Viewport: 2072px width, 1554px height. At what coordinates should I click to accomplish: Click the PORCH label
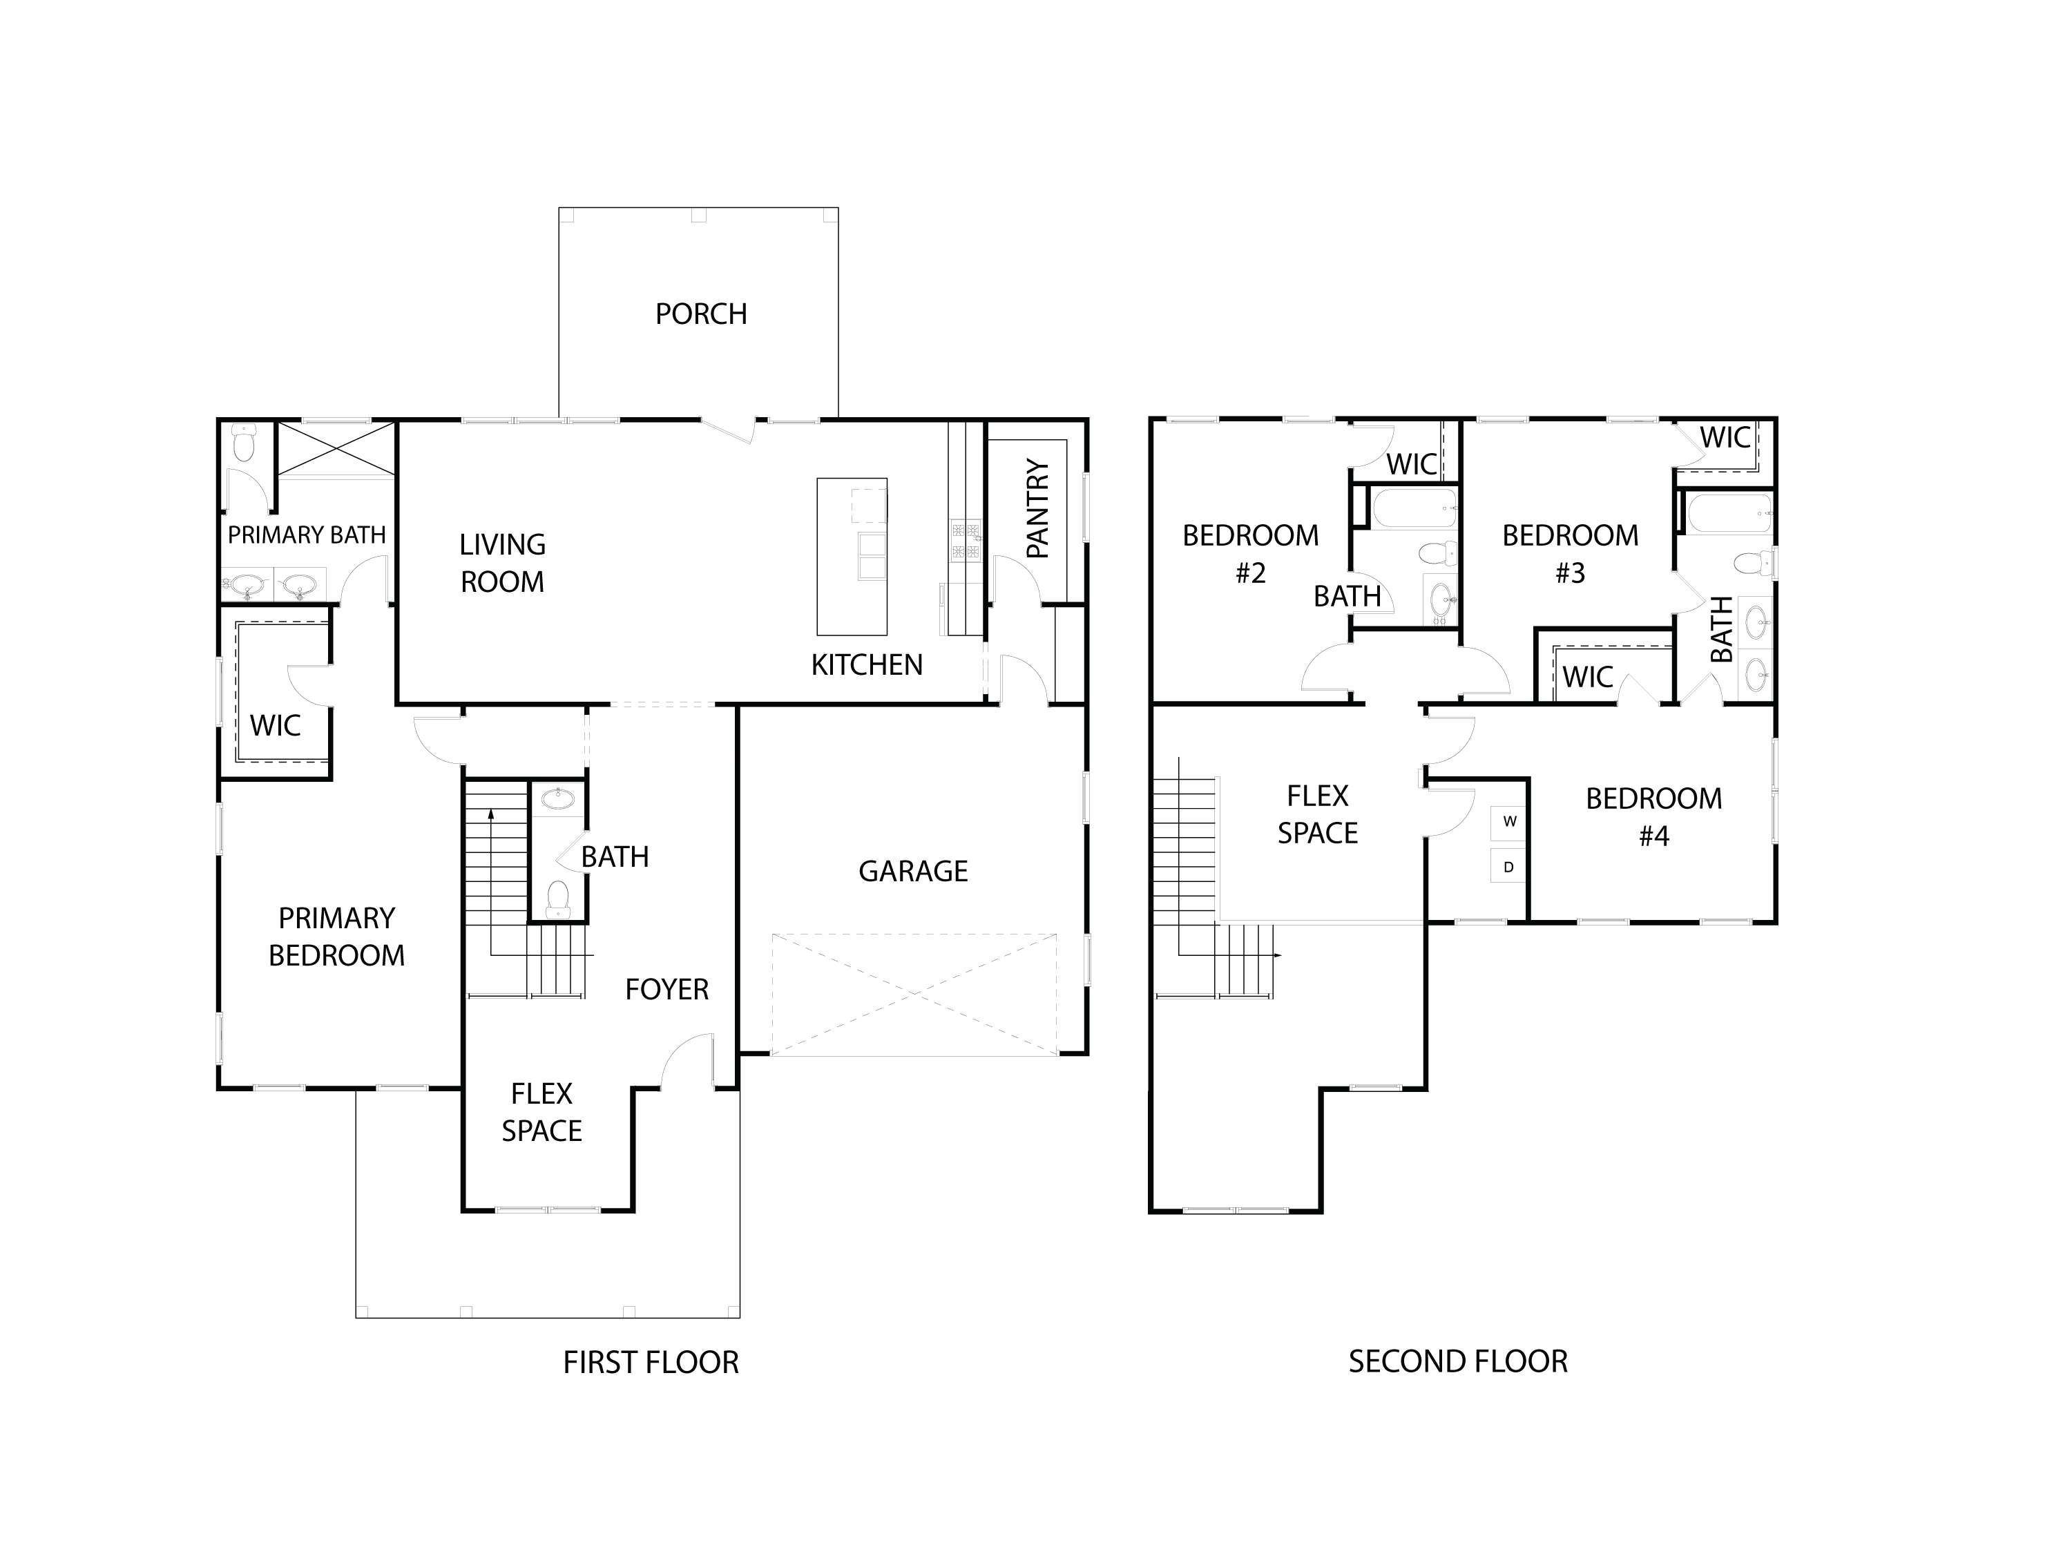[x=700, y=314]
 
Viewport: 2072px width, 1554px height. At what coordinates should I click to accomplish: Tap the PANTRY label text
[x=1038, y=508]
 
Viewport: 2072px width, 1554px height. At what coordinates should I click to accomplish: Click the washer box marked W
[x=1509, y=821]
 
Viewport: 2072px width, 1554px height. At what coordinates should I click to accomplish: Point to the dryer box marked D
[x=1508, y=867]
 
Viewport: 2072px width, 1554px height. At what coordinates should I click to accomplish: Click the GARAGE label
[x=912, y=871]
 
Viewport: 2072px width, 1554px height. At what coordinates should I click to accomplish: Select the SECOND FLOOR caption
[x=1457, y=1361]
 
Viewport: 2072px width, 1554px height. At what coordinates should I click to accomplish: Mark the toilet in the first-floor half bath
[x=558, y=897]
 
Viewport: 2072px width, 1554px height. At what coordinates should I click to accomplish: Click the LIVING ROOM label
[x=502, y=563]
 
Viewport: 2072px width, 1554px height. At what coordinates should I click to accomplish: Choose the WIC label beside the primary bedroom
[x=276, y=725]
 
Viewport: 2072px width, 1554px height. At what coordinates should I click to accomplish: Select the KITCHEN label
[x=867, y=665]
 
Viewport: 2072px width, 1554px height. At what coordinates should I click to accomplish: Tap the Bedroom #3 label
[x=1570, y=554]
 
